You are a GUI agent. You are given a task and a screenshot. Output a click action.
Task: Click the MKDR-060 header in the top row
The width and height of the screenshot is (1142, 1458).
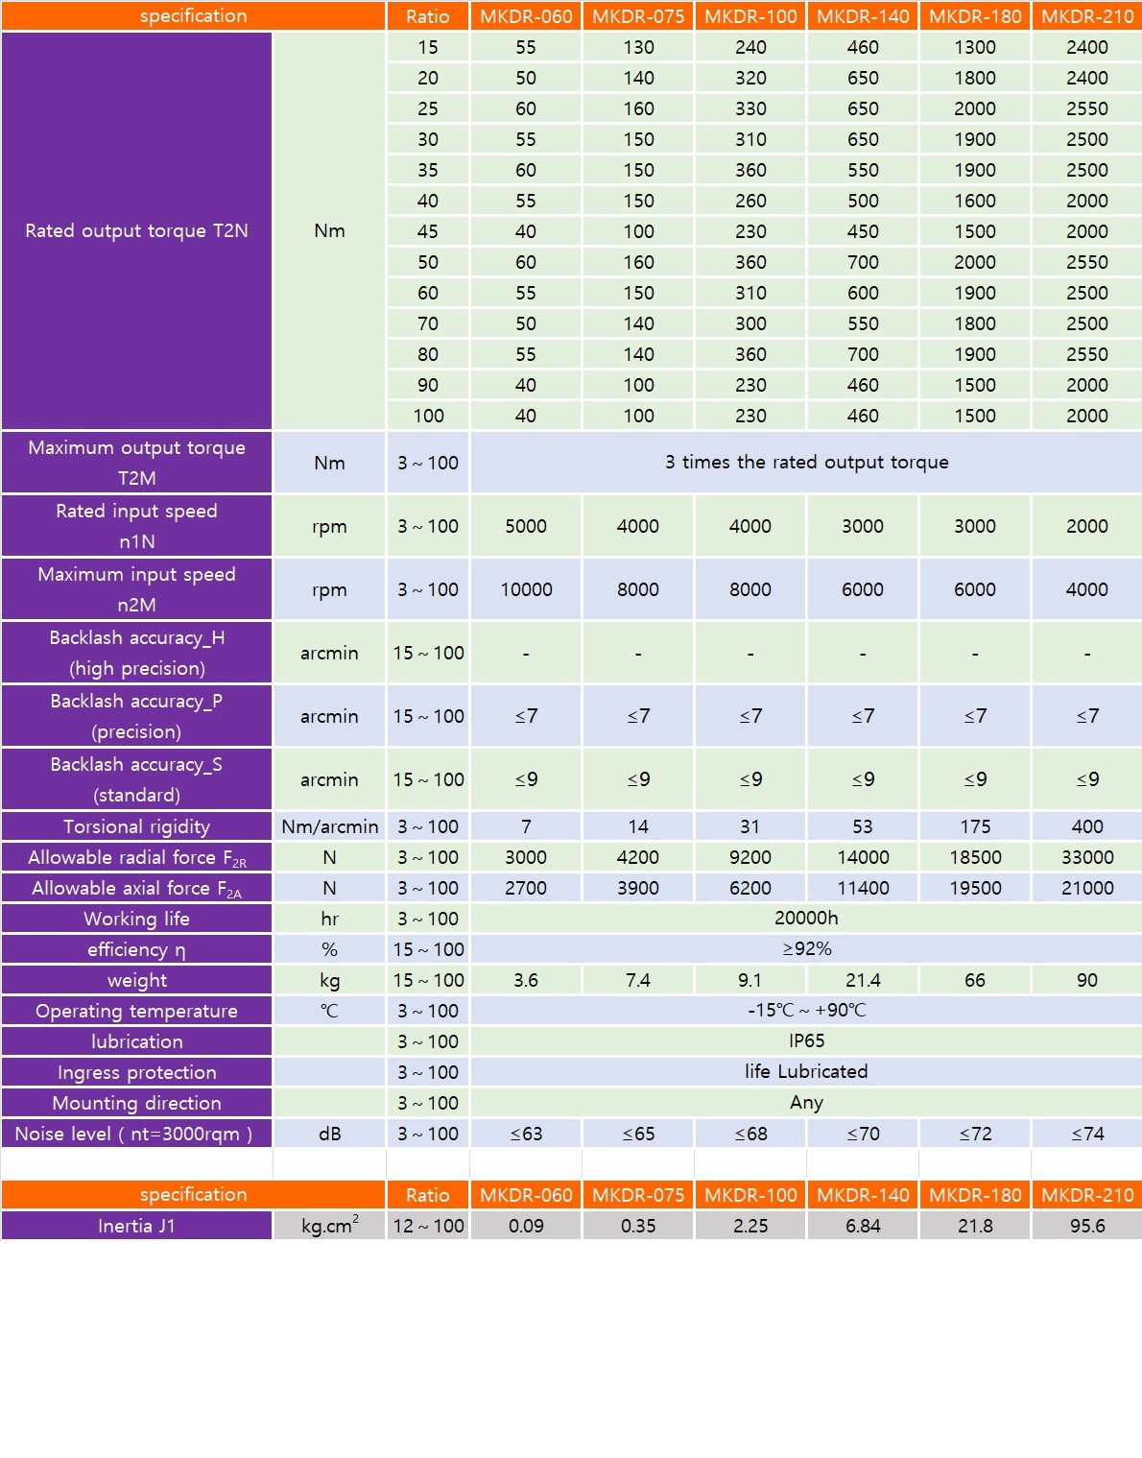[x=526, y=16]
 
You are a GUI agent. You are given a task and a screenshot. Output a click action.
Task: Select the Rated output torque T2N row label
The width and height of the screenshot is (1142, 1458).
[x=136, y=230]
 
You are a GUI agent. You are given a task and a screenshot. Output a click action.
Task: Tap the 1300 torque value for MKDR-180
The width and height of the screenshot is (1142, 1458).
[x=974, y=47]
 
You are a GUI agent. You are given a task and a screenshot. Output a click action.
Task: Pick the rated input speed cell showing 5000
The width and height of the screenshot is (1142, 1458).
[x=526, y=526]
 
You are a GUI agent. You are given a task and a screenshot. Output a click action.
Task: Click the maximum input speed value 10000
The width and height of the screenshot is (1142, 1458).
[x=526, y=589]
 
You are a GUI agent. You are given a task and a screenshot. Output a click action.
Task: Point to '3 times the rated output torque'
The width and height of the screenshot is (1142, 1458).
[x=806, y=462]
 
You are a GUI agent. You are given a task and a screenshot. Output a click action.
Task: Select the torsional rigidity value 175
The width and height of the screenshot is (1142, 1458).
[x=974, y=826]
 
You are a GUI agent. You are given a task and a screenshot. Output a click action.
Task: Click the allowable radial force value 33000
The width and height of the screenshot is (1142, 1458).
[x=1086, y=857]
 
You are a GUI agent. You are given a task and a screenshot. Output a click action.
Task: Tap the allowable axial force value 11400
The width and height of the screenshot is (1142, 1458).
[x=862, y=888]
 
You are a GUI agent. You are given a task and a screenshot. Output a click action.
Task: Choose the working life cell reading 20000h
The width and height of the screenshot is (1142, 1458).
[x=806, y=918]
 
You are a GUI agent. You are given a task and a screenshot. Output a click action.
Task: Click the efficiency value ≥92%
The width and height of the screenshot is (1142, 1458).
[x=806, y=948]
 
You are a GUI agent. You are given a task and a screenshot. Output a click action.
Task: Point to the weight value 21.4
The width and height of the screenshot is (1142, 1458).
[x=862, y=980]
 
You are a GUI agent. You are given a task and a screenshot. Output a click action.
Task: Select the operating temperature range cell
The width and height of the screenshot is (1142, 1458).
[x=806, y=1010]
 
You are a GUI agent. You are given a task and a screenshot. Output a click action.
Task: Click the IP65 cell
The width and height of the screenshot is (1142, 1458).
[x=806, y=1040]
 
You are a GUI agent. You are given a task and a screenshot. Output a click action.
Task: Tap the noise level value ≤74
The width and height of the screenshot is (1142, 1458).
[x=1086, y=1134]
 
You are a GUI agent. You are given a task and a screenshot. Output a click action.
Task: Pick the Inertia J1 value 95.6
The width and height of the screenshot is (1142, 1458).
[x=1086, y=1226]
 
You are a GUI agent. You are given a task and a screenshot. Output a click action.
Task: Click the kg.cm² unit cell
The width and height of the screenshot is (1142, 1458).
[x=329, y=1226]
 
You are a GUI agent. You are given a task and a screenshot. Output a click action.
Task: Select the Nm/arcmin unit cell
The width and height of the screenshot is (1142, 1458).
[x=329, y=826]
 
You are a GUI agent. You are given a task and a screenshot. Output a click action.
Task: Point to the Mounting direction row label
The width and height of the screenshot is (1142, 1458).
[x=136, y=1103]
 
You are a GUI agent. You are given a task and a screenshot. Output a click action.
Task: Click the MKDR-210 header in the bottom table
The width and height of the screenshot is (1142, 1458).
[x=1086, y=1195]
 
